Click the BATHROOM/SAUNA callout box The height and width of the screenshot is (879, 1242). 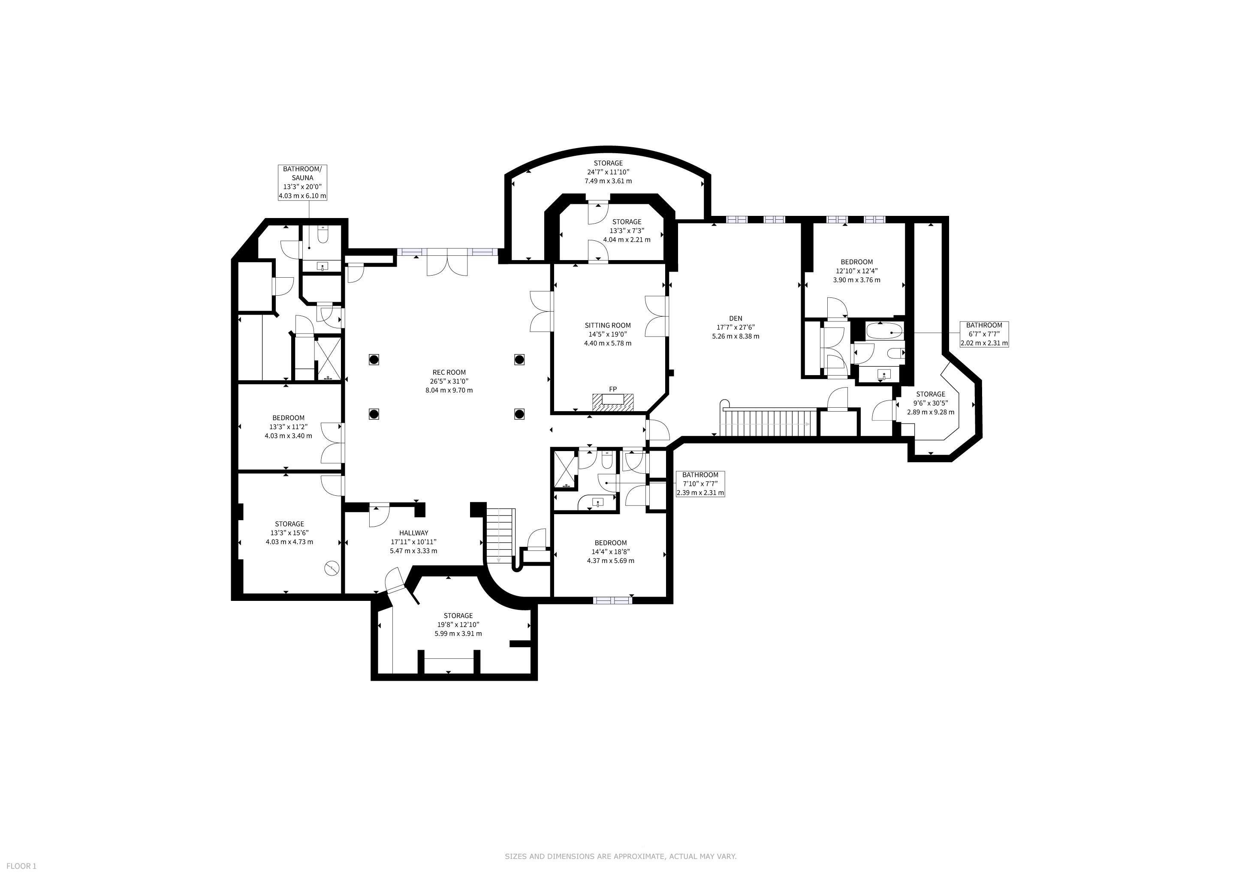[302, 182]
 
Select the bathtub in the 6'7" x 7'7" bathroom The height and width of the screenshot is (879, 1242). [884, 331]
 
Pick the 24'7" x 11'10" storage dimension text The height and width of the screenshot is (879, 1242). [608, 172]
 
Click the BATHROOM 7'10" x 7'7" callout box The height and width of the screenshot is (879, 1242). [700, 484]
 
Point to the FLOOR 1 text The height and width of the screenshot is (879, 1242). [21, 866]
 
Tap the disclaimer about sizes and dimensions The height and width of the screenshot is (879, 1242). [621, 856]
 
